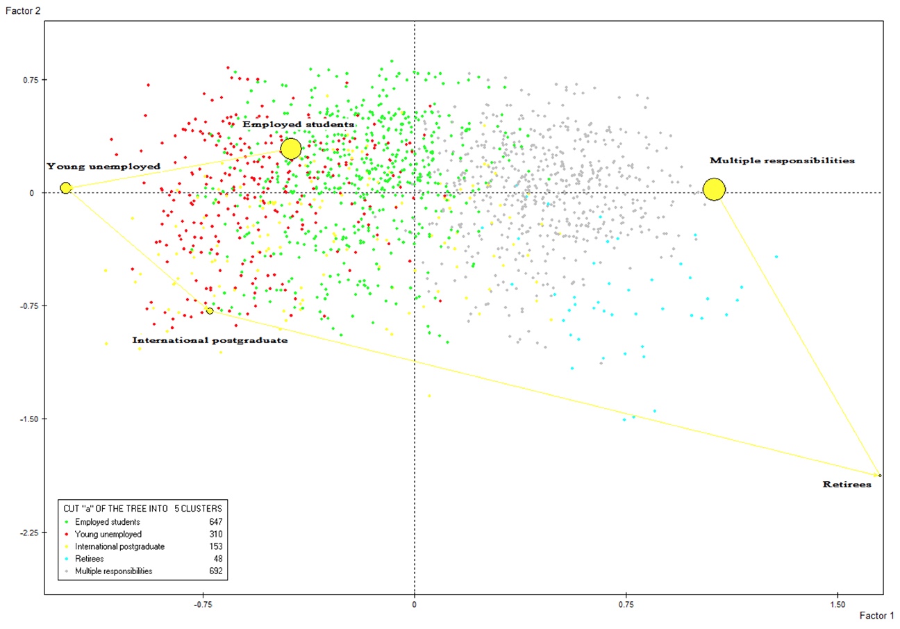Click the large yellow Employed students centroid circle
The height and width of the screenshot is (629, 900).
click(x=291, y=149)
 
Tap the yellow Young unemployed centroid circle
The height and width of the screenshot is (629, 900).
click(x=65, y=188)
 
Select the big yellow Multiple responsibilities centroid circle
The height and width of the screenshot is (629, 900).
click(x=714, y=189)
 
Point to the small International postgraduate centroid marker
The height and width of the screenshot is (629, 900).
click(x=210, y=310)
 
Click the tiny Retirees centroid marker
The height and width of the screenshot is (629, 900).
click(x=880, y=475)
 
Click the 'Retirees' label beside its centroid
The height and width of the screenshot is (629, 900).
click(x=847, y=485)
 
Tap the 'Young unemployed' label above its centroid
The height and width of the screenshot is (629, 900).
click(x=103, y=167)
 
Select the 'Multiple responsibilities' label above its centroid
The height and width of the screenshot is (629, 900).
click(x=782, y=160)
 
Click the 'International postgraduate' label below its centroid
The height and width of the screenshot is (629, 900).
click(x=210, y=341)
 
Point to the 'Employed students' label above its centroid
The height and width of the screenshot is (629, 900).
click(x=298, y=124)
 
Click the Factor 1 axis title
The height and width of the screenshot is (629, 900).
click(x=876, y=616)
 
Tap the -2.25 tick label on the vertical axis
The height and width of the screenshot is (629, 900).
click(x=26, y=532)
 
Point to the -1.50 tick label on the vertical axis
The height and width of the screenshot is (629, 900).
click(x=26, y=419)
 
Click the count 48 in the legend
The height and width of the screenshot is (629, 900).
click(x=217, y=559)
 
